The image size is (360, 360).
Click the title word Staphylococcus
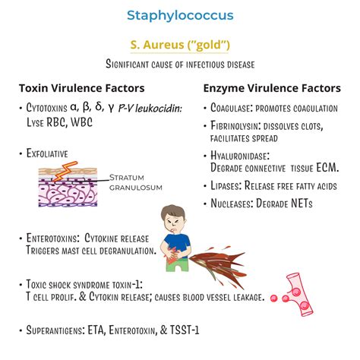point(179,15)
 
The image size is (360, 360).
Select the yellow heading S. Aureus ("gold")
point(179,44)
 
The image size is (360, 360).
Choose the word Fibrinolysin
point(241,125)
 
